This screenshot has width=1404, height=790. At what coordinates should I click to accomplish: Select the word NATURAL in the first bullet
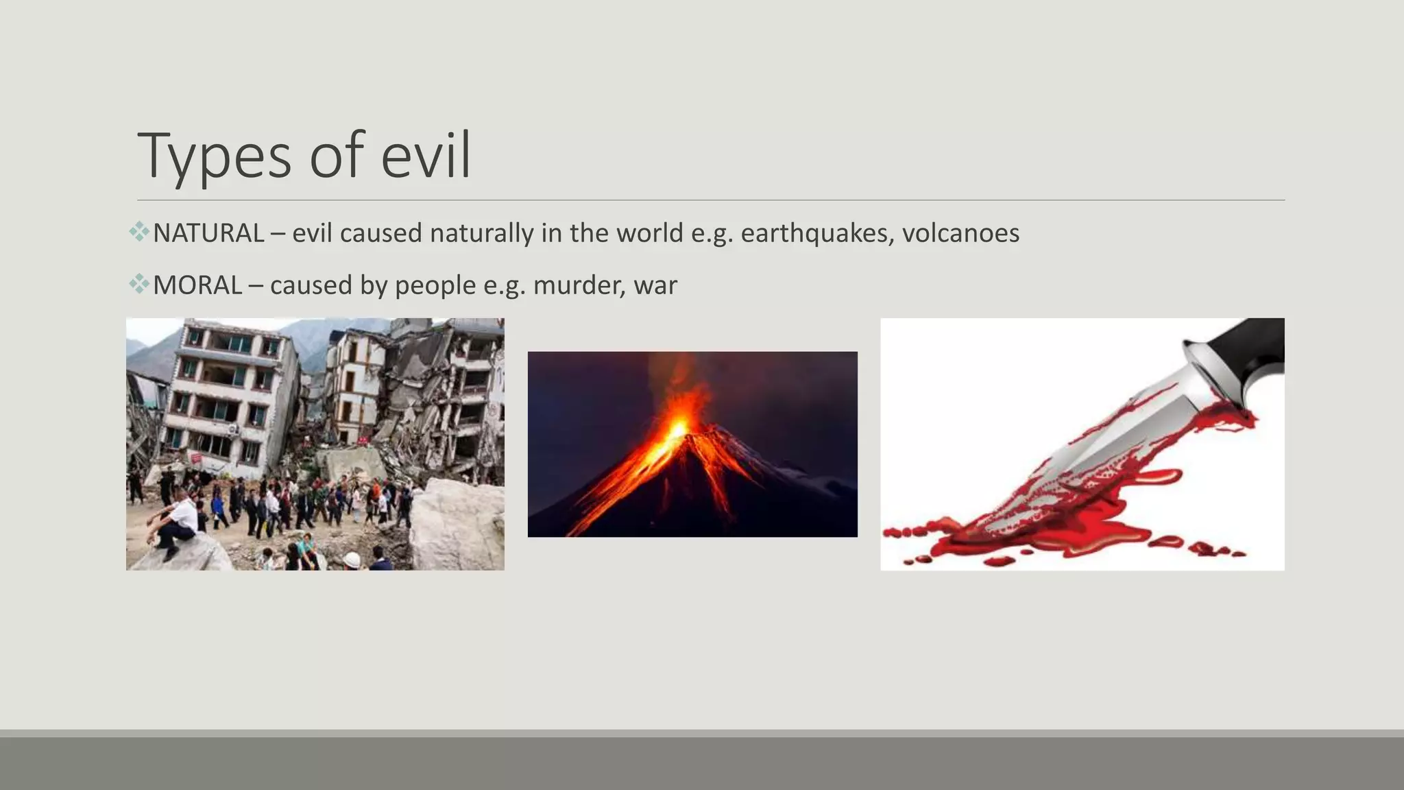point(208,233)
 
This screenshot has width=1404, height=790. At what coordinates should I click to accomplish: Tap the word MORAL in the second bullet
point(197,285)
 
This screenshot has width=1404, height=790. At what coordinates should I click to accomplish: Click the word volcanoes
point(960,233)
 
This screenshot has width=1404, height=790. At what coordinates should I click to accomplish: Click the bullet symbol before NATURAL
point(139,232)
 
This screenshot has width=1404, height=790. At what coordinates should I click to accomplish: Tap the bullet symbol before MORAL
point(139,283)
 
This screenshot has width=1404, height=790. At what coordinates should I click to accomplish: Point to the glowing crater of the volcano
point(679,429)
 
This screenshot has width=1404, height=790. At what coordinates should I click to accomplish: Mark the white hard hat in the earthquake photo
point(352,560)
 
